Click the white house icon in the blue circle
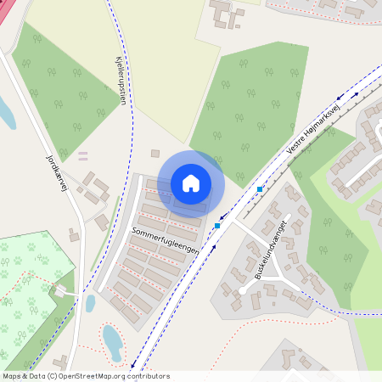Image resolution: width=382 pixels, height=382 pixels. pyautogui.click(x=191, y=183)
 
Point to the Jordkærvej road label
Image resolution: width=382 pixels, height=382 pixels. pyautogui.click(x=56, y=174)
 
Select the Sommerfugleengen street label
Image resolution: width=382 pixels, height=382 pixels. pyautogui.click(x=166, y=240)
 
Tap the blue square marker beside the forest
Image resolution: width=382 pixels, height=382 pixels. pyautogui.click(x=260, y=188)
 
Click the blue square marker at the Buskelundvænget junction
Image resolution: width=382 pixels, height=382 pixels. pyautogui.click(x=218, y=226)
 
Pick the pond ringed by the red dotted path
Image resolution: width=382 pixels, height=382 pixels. pyautogui.click(x=112, y=342)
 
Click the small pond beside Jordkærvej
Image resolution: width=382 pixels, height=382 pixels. pyautogui.click(x=90, y=302)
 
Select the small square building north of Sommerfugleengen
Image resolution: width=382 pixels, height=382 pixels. pyautogui.click(x=155, y=154)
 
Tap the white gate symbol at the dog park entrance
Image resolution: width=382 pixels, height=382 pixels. pyautogui.click(x=61, y=291)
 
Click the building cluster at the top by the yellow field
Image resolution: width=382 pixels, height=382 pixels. pyautogui.click(x=224, y=14)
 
